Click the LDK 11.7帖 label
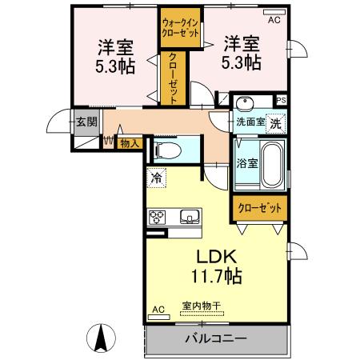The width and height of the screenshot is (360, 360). click(212, 266)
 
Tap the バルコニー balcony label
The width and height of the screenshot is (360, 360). click(215, 338)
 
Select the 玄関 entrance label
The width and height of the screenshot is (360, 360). click(86, 122)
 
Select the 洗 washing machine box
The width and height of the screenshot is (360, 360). click(274, 123)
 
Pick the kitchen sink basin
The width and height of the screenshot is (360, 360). click(190, 215)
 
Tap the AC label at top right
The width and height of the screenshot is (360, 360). click(274, 20)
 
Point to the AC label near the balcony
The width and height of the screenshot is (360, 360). click(158, 308)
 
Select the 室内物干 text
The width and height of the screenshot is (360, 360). click(202, 306)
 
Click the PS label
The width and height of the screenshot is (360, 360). click(281, 100)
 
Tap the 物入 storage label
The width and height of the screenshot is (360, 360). click(129, 143)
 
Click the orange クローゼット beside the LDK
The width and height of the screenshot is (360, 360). click(261, 208)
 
